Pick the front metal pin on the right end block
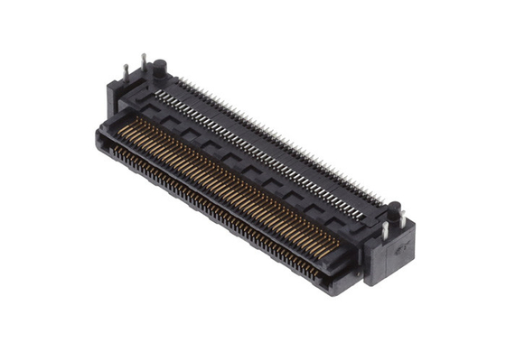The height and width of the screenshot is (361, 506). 385,230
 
